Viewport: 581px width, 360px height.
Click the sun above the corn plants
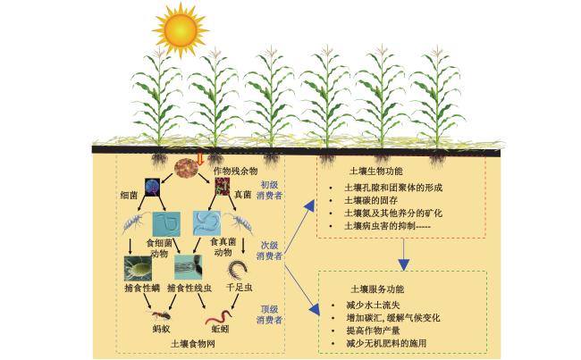click(181, 30)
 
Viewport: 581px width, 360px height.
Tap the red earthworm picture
click(218, 317)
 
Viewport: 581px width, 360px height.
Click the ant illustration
click(162, 315)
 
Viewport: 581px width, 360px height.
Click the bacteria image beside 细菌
click(152, 187)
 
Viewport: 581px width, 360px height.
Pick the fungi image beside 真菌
click(223, 187)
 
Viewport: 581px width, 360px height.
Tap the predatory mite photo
click(138, 269)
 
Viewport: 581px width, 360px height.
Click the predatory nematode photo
click(189, 267)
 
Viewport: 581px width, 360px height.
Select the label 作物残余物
click(235, 172)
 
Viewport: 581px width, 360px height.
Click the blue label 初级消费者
click(269, 190)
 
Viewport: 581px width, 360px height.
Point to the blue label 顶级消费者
click(269, 314)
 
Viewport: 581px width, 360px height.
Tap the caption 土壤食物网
click(193, 344)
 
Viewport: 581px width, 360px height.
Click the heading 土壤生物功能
click(376, 172)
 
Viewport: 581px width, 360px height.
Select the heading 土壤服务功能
click(377, 289)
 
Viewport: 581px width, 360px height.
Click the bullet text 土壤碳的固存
click(371, 200)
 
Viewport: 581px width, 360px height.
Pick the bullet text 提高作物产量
click(373, 331)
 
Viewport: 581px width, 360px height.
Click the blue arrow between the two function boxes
click(403, 255)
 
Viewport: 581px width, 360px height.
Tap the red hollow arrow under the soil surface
click(200, 160)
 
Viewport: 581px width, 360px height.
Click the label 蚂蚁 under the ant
click(161, 329)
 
